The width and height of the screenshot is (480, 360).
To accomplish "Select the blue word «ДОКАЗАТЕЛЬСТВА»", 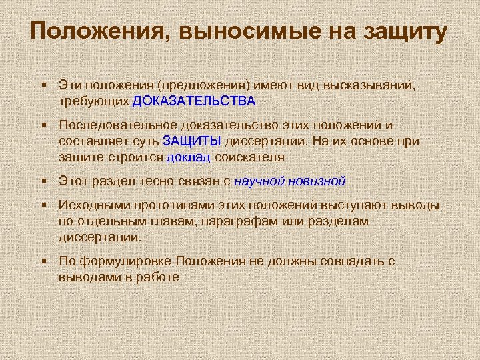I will (194, 101).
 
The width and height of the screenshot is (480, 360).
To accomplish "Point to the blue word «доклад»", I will (189, 157).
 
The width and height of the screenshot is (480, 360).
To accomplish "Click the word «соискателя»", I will (249, 157).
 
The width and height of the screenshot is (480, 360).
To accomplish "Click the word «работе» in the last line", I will (160, 276).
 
